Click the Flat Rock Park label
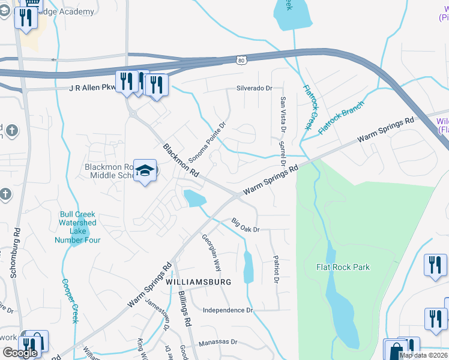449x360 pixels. (x=343, y=267)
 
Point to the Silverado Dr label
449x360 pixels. (x=253, y=88)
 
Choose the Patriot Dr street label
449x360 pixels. (x=276, y=270)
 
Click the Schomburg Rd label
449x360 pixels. (x=16, y=252)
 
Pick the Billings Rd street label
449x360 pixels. (x=184, y=308)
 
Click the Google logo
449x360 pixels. (x=20, y=352)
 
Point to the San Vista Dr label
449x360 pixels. (x=282, y=114)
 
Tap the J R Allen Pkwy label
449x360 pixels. (x=94, y=88)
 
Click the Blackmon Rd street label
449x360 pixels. (x=181, y=160)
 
